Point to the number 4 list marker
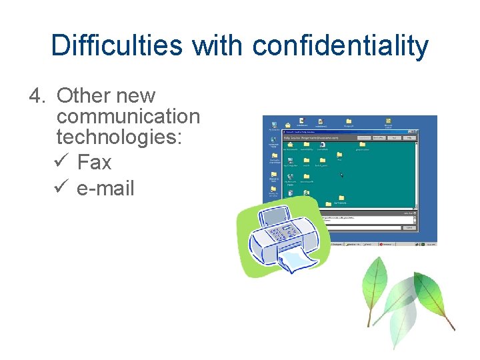36,96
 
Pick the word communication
128,117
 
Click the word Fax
94,162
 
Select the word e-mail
105,188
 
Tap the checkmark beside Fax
58,162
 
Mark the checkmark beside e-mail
58,188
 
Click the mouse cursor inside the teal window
342,175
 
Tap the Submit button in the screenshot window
409,228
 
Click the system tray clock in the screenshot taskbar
431,244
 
